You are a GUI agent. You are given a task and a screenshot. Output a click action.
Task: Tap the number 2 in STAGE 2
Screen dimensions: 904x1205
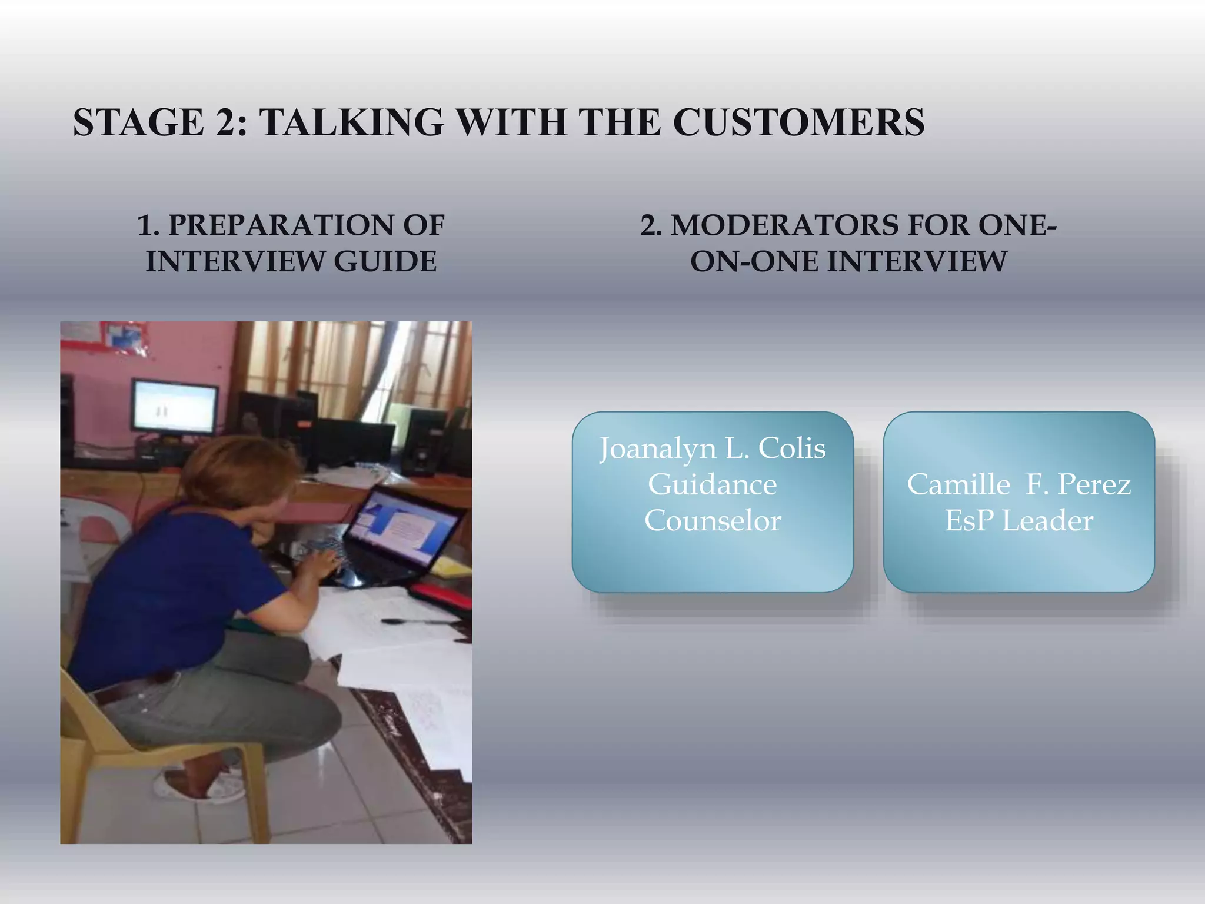(x=225, y=122)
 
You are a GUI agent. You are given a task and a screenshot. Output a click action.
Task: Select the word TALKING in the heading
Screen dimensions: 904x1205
(x=351, y=122)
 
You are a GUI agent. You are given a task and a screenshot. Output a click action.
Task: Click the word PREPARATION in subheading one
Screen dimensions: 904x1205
(x=268, y=225)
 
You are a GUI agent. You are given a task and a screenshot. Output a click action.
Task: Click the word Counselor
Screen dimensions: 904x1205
(x=713, y=521)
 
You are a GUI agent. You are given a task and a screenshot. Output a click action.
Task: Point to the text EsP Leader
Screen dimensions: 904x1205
(x=1018, y=521)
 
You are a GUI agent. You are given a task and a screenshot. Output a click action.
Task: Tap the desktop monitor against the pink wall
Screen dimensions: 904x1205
(x=174, y=406)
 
